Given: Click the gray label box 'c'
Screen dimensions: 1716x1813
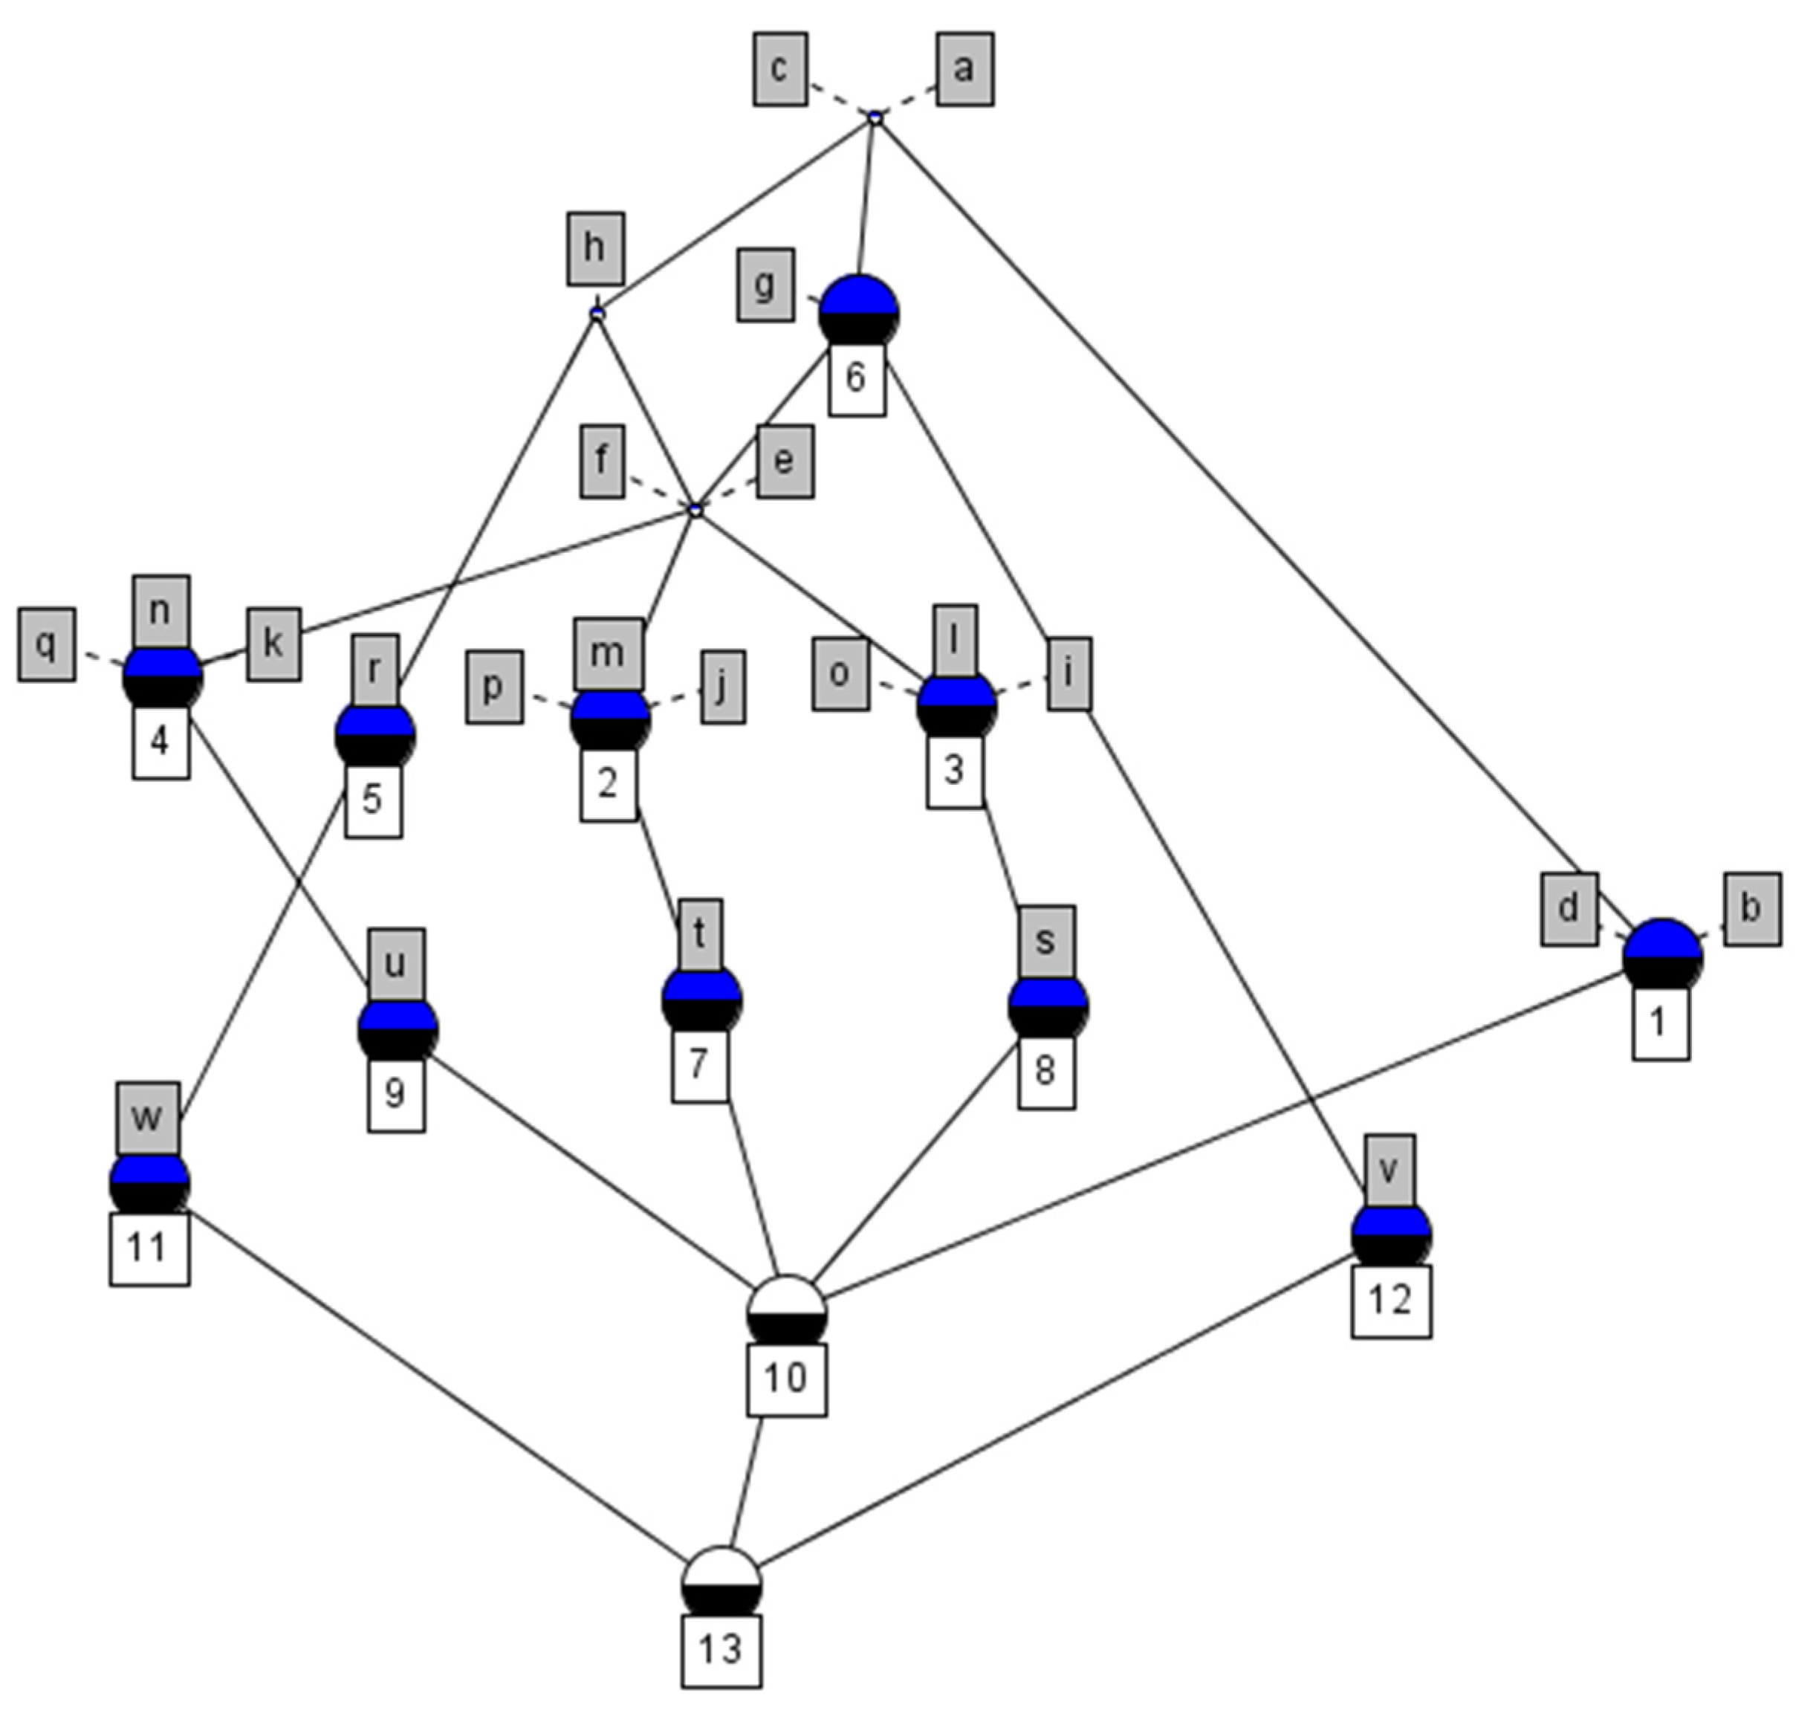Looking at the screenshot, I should pos(779,70).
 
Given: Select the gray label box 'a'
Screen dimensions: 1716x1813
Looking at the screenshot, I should pos(964,70).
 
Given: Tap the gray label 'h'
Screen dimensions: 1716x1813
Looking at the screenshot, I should pos(594,248).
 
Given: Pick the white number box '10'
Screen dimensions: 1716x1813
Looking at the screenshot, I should pos(787,1379).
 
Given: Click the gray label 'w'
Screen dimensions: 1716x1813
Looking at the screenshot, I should pos(146,1118).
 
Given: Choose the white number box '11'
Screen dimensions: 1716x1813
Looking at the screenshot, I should pos(149,1249).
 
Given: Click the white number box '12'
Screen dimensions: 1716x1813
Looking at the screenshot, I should pos(1390,1301).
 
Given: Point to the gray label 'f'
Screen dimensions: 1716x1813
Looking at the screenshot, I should pos(602,461).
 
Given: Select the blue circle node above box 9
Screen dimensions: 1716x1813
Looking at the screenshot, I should pos(397,1030).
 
